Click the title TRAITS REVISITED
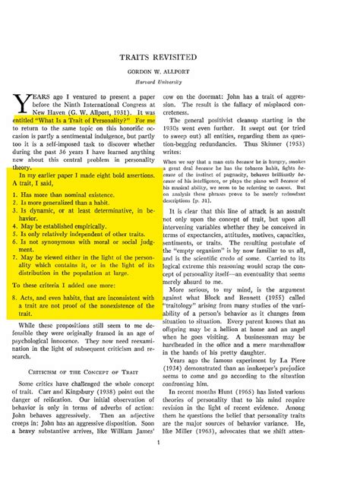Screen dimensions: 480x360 coord(179,57)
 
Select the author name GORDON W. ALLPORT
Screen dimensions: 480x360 coord(179,72)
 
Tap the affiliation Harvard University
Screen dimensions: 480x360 coord(179,82)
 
